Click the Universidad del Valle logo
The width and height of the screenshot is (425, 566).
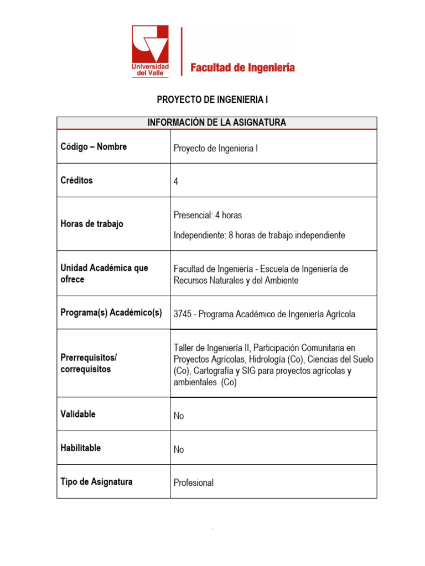150,51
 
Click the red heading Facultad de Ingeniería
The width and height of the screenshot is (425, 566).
242,68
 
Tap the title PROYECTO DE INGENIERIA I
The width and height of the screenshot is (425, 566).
212,100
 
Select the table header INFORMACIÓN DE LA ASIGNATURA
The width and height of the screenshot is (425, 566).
216,123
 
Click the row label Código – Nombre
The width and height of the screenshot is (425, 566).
94,147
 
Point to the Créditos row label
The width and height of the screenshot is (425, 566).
77,181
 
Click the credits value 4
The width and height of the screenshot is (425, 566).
176,181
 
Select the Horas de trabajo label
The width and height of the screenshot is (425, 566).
92,224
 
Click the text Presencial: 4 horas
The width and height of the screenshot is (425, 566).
208,215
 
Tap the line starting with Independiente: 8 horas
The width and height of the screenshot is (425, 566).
259,235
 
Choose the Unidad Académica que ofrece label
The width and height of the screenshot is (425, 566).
104,274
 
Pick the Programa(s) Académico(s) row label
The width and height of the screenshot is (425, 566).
111,313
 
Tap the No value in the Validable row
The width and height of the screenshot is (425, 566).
179,416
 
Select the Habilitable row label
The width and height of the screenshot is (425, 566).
81,448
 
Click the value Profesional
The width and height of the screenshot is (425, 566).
193,483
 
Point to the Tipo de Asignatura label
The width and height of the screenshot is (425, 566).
96,482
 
